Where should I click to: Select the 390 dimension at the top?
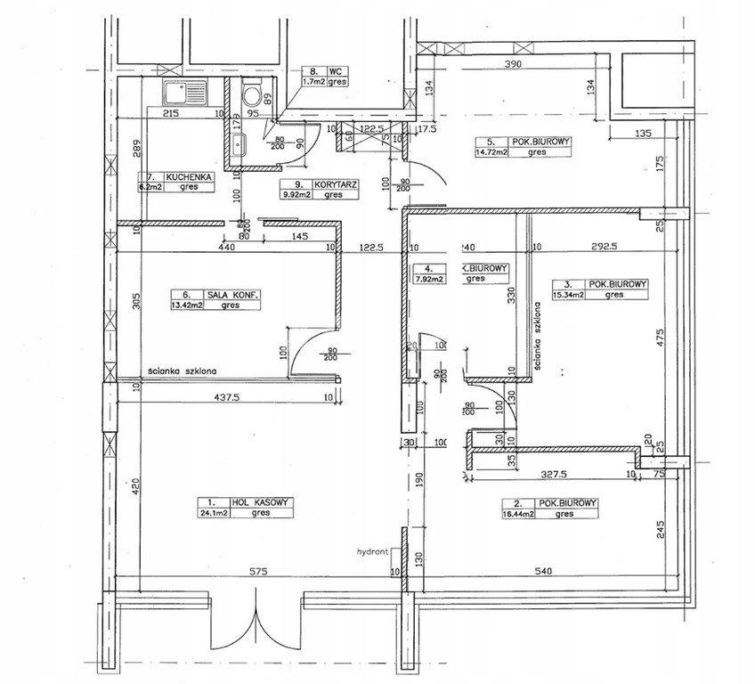(513, 64)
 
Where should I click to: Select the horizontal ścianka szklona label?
(183, 372)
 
